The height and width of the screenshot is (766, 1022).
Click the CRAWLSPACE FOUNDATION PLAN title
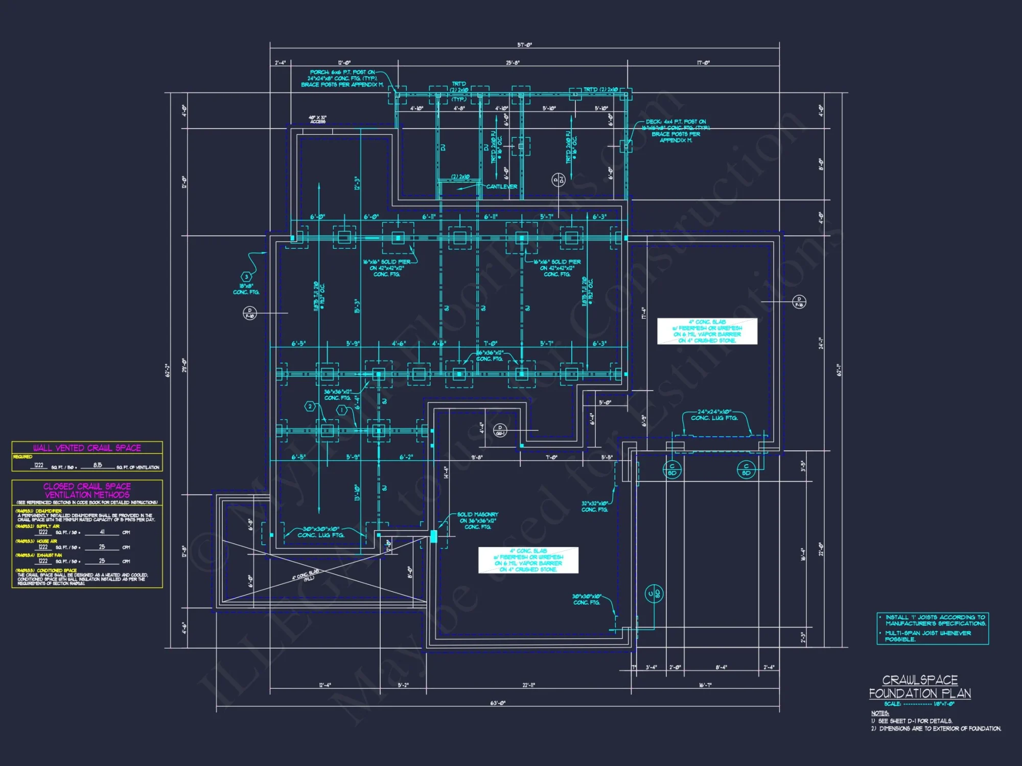tap(920, 687)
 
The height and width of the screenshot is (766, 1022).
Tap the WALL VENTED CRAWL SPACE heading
tap(87, 448)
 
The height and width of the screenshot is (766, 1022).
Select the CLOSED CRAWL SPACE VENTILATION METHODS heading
tap(87, 490)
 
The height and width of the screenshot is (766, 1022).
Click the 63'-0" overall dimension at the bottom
tap(498, 703)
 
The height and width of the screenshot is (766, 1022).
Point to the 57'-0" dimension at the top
tap(524, 45)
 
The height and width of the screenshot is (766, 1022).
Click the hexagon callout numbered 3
tap(246, 277)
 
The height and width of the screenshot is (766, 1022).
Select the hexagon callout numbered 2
tap(310, 406)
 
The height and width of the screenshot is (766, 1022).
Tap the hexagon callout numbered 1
tap(342, 410)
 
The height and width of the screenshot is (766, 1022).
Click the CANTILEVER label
tap(501, 187)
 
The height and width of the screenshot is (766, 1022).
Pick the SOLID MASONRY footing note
tap(477, 520)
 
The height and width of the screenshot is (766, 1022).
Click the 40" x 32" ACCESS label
tap(317, 119)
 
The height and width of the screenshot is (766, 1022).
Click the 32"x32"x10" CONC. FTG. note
tap(595, 506)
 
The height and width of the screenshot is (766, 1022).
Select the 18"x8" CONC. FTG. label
tap(246, 289)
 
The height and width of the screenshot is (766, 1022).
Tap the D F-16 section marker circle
tap(799, 302)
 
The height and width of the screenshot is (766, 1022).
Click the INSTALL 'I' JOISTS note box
tap(933, 628)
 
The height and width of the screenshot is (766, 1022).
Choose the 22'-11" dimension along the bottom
tap(529, 685)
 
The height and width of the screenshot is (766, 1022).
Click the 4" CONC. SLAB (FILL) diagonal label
tap(306, 575)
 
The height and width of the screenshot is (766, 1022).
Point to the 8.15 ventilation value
tap(98, 465)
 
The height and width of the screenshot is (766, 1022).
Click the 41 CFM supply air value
tap(102, 532)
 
